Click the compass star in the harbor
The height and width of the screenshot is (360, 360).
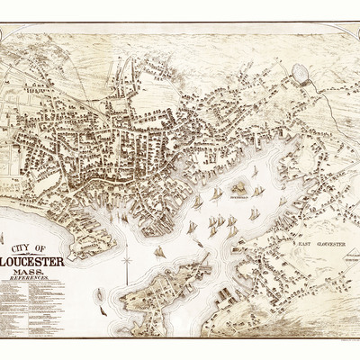127,262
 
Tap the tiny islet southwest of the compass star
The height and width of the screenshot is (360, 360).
99,292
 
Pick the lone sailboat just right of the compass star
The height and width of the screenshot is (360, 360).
159,252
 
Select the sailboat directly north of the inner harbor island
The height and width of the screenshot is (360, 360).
254,170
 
